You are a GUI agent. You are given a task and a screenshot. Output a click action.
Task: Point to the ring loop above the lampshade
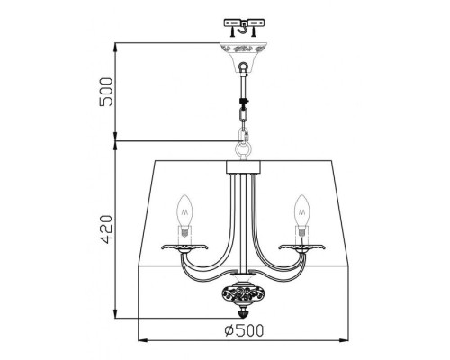242,142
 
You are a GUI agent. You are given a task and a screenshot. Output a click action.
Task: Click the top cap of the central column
242,166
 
